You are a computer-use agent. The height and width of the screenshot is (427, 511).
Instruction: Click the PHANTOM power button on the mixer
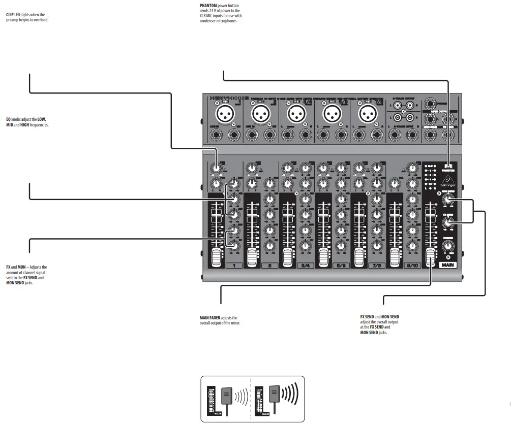coord(448,167)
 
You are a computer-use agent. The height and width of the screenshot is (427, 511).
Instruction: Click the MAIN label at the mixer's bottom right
coord(447,265)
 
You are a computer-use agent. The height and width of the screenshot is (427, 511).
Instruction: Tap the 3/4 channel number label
coord(305,266)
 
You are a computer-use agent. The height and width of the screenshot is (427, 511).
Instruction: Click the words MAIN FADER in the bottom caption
coord(210,317)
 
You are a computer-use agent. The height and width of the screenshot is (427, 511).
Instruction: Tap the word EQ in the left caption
coord(8,119)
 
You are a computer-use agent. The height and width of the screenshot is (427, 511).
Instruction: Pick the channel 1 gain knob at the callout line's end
coord(216,168)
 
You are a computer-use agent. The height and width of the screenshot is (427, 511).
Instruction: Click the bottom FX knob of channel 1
coord(234,245)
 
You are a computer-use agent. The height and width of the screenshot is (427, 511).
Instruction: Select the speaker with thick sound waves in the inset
coord(275,394)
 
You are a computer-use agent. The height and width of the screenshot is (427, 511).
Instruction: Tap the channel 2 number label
coord(269,266)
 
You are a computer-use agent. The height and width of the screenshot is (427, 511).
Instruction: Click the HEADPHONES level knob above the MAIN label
coord(447,246)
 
